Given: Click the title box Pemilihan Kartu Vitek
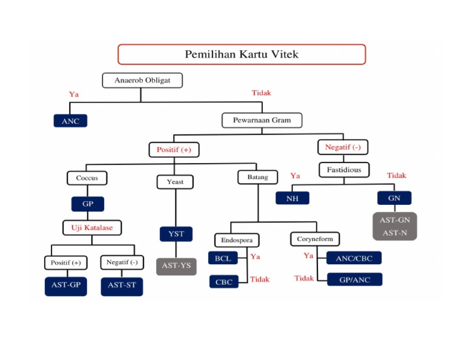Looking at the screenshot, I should pos(242,55).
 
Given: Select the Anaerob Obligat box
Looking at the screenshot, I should pos(142,80).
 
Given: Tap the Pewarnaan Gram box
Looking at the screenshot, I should pos(262,120).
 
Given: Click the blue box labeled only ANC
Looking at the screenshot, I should pos(70,121).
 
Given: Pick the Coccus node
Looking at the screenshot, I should pos(87,178).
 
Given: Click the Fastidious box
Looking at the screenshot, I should pos(344,170).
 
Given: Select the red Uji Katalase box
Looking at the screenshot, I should pos(92,228).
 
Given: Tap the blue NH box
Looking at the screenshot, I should pos(292,198).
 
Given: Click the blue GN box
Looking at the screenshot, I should pos(394,198).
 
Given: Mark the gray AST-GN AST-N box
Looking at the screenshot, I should pos(394,226).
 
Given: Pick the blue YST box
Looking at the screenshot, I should pos(176,234).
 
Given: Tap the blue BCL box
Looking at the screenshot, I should pos(223,258).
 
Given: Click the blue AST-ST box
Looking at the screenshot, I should pos(122,285).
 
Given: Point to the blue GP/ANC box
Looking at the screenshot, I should pos(355,279).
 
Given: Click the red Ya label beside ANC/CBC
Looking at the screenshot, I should pos(308,256).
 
